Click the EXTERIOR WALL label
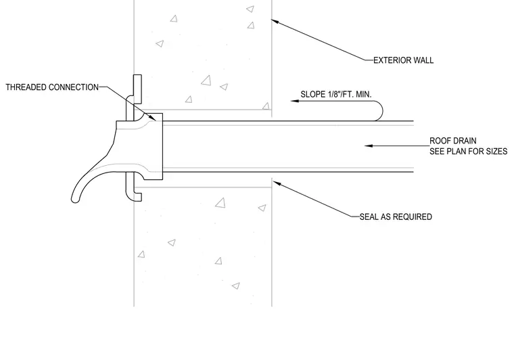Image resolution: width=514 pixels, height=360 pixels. (x=403, y=60)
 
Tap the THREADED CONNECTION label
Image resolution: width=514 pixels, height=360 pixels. (x=52, y=87)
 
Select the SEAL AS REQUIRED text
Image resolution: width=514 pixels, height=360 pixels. (x=396, y=217)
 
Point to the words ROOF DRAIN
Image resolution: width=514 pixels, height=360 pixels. (x=452, y=141)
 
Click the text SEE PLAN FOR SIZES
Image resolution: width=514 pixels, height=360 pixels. (x=469, y=151)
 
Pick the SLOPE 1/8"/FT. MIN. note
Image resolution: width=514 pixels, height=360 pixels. (x=336, y=95)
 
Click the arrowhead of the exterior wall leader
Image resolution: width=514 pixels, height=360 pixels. (x=275, y=21)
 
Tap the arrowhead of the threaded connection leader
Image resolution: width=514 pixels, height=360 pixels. (x=152, y=117)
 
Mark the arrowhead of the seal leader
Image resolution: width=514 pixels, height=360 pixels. (x=277, y=183)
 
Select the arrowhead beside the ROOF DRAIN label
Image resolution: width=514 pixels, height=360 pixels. (x=369, y=145)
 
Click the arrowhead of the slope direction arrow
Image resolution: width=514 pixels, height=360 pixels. (x=295, y=101)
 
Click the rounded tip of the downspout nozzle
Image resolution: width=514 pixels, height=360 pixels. (x=75, y=199)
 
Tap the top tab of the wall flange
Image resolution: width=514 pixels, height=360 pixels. (x=137, y=85)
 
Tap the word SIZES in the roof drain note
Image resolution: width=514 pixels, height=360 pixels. (x=496, y=151)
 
